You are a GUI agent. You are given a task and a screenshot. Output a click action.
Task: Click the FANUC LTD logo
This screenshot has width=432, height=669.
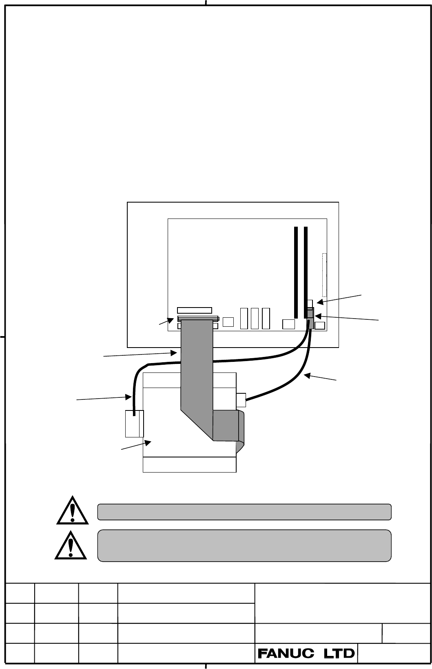click(x=306, y=654)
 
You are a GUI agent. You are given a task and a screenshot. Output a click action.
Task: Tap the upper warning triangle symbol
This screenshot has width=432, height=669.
click(x=73, y=511)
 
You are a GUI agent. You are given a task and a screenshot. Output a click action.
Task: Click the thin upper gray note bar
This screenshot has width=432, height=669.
click(x=244, y=512)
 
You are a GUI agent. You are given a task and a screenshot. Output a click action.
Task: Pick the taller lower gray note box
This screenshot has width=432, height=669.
click(x=244, y=546)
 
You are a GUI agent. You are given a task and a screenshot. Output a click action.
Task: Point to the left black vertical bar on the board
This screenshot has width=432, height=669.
click(x=296, y=272)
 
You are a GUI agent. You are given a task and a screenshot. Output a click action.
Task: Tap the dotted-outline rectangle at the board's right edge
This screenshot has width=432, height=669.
click(x=324, y=275)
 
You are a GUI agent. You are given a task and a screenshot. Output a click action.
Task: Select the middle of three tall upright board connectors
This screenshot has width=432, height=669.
click(x=255, y=319)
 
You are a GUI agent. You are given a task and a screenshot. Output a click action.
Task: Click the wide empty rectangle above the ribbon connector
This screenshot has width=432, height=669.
click(x=195, y=310)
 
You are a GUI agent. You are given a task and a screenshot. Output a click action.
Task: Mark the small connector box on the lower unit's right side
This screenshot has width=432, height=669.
click(x=241, y=400)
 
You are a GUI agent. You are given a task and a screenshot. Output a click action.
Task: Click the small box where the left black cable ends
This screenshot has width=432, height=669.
click(x=134, y=424)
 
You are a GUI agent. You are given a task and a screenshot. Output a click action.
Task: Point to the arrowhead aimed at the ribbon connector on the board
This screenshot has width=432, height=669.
click(x=171, y=321)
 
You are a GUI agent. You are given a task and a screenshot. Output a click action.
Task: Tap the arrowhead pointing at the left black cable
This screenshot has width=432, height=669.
click(x=128, y=397)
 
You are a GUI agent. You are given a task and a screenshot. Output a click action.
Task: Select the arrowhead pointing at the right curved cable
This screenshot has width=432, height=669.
click(x=307, y=376)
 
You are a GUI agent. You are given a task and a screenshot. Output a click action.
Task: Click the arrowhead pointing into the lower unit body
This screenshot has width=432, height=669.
click(x=148, y=442)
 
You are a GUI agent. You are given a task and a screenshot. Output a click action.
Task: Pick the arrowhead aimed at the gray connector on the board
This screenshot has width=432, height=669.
click(x=318, y=316)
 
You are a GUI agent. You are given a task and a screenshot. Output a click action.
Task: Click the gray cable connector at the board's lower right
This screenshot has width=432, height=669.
click(x=310, y=318)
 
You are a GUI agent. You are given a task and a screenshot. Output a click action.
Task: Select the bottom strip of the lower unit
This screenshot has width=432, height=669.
click(x=190, y=464)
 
